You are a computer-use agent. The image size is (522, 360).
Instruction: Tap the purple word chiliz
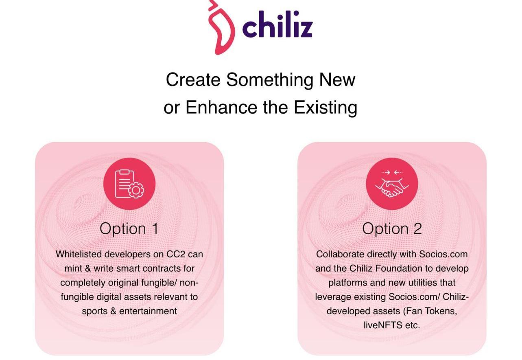(x=277, y=24)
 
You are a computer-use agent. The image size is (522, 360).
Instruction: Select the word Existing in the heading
(x=325, y=108)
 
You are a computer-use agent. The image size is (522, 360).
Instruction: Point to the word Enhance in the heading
(x=222, y=108)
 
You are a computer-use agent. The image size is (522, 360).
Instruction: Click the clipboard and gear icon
(x=129, y=184)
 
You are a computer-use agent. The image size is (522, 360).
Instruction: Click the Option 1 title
(x=129, y=229)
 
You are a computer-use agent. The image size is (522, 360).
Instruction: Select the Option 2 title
(x=392, y=229)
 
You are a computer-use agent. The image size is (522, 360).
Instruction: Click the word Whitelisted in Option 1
(x=79, y=254)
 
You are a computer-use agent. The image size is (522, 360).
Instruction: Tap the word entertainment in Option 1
(x=148, y=311)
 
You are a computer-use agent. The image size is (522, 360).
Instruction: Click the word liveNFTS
(x=383, y=325)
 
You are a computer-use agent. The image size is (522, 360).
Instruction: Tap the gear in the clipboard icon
(x=136, y=190)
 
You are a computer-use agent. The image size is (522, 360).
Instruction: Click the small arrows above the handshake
(x=392, y=172)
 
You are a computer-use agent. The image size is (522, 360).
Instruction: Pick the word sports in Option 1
(x=95, y=312)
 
